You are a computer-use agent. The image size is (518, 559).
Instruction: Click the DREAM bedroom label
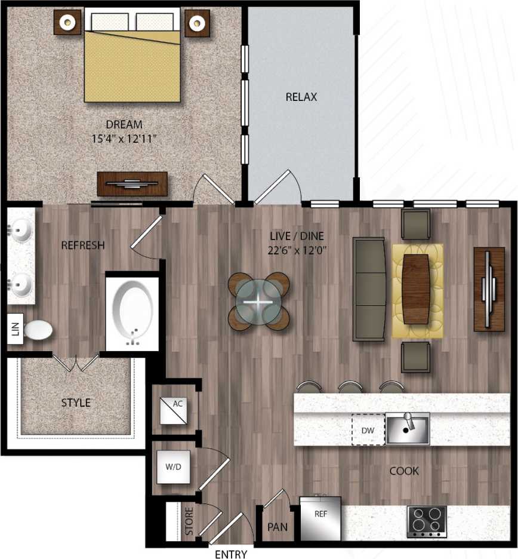pyautogui.click(x=124, y=125)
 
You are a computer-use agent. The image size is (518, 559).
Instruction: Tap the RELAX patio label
pyautogui.click(x=301, y=97)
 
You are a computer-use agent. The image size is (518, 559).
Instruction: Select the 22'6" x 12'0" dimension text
pyautogui.click(x=297, y=250)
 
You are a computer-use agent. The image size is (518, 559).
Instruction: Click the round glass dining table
pyautogui.click(x=258, y=302)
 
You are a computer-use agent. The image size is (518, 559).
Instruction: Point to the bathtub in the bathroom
pyautogui.click(x=132, y=313)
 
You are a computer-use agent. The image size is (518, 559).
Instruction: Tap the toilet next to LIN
pyautogui.click(x=37, y=329)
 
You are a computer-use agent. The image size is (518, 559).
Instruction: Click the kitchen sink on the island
pyautogui.click(x=407, y=429)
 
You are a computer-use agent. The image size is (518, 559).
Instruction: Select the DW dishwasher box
pyautogui.click(x=367, y=429)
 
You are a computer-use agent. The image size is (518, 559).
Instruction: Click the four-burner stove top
pyautogui.click(x=427, y=521)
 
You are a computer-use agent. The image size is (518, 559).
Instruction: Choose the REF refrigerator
pyautogui.click(x=320, y=518)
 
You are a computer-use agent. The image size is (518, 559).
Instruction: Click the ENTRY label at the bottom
pyautogui.click(x=230, y=554)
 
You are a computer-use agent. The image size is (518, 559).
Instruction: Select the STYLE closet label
pyautogui.click(x=76, y=403)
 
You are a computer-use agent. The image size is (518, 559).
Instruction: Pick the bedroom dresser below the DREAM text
pyautogui.click(x=132, y=184)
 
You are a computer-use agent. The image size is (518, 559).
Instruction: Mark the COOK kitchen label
pyautogui.click(x=403, y=471)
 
